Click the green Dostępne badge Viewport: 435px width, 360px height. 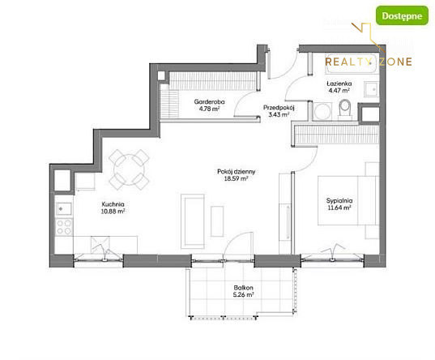click(402, 15)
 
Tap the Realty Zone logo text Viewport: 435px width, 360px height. click(369, 62)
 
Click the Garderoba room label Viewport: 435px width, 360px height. click(209, 101)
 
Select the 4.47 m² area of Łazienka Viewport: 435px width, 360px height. click(339, 90)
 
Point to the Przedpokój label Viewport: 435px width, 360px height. click(279, 108)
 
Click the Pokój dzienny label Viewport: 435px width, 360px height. click(236, 171)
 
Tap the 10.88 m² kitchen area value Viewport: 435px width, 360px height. click(113, 211)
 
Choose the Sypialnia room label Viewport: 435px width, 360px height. click(339, 200)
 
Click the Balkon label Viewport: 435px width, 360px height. click(243, 288)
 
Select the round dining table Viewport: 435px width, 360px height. click(129, 170)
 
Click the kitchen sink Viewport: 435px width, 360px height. click(64, 208)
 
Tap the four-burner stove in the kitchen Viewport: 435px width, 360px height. click(64, 227)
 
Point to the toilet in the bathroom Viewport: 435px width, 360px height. click(345, 109)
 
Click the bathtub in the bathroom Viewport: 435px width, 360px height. click(352, 63)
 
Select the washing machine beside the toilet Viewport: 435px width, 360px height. click(322, 111)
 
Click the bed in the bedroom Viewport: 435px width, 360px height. click(348, 200)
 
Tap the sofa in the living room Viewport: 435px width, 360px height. click(193, 221)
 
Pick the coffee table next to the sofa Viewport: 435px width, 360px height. click(217, 221)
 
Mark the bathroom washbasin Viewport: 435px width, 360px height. click(371, 89)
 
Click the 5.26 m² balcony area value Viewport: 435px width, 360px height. click(243, 294)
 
